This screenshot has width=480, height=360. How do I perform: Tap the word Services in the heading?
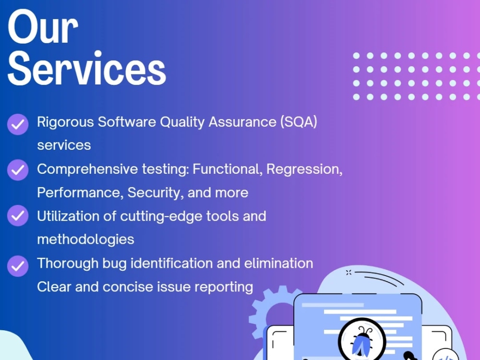coord(87,69)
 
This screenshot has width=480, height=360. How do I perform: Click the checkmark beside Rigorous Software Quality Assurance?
coord(18,124)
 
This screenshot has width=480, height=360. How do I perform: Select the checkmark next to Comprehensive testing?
coord(18,170)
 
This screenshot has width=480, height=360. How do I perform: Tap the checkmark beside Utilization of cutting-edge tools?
coord(18,216)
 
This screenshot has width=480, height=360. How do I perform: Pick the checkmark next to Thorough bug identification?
coord(18,264)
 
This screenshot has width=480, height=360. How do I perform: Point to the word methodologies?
coord(85,239)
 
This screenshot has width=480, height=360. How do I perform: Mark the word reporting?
coord(223,287)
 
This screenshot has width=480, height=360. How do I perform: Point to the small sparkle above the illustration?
coord(348,273)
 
